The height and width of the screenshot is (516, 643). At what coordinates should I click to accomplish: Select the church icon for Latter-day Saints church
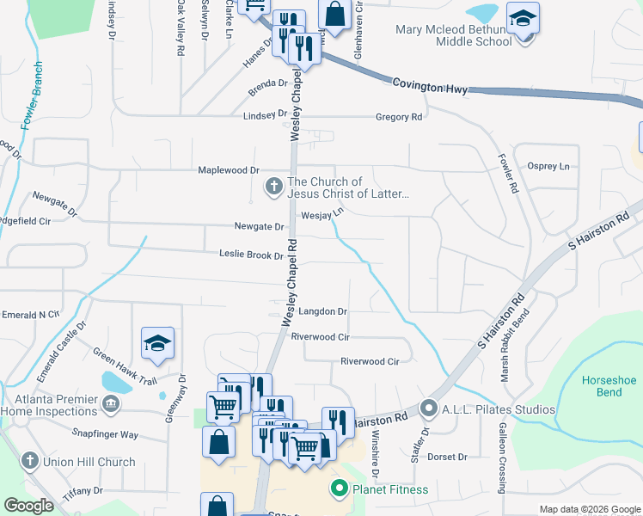click(x=274, y=186)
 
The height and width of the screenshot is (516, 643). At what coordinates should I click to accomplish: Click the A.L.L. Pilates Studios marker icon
click(x=427, y=408)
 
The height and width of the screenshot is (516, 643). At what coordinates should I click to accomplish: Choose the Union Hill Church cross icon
click(x=31, y=462)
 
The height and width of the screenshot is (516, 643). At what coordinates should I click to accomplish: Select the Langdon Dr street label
click(x=321, y=311)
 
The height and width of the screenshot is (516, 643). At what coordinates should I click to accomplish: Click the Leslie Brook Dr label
click(x=251, y=255)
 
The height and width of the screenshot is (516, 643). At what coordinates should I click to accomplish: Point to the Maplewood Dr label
click(x=229, y=170)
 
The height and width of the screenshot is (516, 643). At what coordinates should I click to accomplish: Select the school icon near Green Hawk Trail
click(x=157, y=344)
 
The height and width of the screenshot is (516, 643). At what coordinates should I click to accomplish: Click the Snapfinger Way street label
click(x=105, y=434)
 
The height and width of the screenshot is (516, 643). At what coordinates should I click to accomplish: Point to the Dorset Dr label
click(x=447, y=457)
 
